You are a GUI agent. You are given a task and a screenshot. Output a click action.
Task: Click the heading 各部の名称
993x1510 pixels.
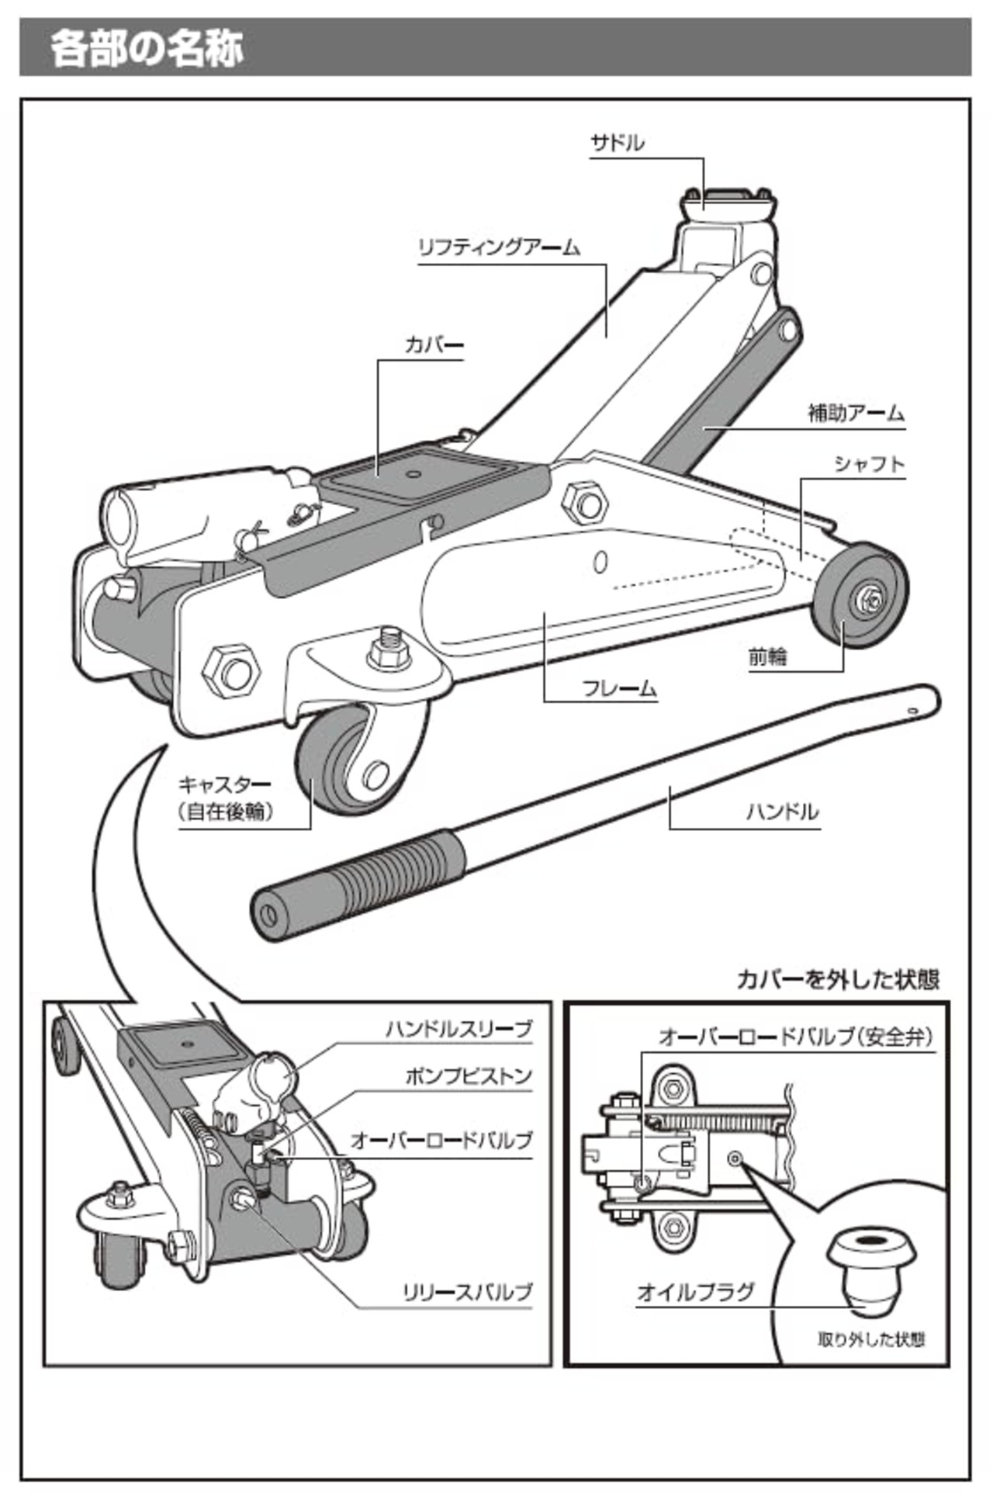coord(147,47)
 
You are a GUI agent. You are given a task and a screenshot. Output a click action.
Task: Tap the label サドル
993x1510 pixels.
coord(617,144)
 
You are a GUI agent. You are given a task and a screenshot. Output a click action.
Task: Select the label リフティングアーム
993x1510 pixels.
coord(499,248)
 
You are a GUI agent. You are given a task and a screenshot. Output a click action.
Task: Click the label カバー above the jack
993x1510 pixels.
coord(434,345)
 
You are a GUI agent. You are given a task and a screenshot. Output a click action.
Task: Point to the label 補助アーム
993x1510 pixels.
coord(856,413)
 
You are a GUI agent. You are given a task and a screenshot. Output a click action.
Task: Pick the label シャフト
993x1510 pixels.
coord(870,464)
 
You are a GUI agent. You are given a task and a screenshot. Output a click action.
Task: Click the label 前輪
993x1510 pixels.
coord(767,657)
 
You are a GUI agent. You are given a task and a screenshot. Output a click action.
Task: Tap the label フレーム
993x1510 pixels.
coord(619,688)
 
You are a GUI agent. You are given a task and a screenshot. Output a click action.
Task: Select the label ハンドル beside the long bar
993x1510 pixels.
coord(782,812)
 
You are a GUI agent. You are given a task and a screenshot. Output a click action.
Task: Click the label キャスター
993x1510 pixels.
coord(225,784)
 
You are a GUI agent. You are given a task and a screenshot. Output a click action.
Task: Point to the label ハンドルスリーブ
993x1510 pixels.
coord(459,1029)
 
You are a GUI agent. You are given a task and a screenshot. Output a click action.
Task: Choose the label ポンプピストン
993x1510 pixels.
coord(469,1076)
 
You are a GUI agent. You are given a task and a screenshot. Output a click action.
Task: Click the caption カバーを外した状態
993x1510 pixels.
coord(838,979)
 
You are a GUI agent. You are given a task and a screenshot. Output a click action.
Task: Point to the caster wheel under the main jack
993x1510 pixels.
coord(341,764)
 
